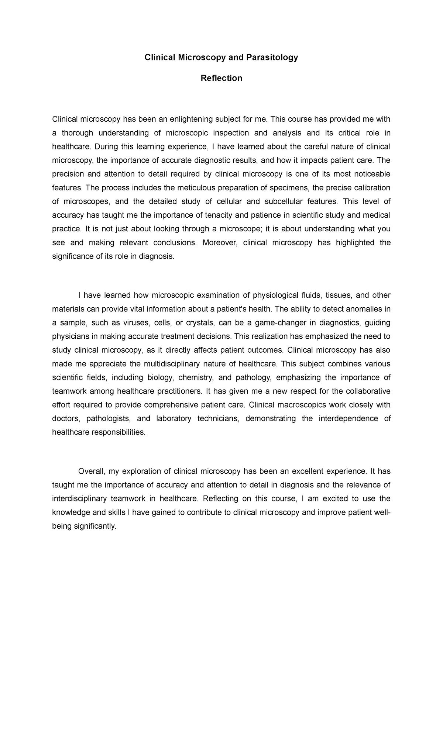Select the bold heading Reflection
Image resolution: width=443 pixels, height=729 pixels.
coord(221,78)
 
